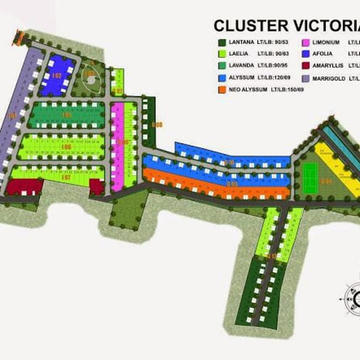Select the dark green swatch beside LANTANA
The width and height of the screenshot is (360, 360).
[x=222, y=43]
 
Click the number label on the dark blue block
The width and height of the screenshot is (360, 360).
[x=57, y=75]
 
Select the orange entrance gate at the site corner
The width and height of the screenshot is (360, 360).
[x=19, y=37]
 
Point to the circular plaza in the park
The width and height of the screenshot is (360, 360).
[x=90, y=80]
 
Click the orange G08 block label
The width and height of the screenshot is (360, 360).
[x=157, y=125]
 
